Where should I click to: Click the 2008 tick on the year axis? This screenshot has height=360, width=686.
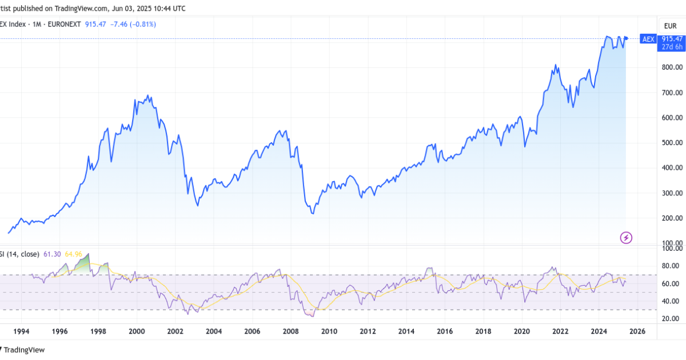(x=290, y=331)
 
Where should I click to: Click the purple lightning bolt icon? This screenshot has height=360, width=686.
(x=626, y=237)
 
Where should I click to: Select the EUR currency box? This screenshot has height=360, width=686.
(x=670, y=25)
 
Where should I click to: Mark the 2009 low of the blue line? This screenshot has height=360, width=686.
(x=312, y=213)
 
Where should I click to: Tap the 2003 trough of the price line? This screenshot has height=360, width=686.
(x=198, y=205)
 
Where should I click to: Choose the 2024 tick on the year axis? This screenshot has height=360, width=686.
(x=599, y=331)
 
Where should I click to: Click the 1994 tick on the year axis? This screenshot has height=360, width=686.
(x=21, y=331)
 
